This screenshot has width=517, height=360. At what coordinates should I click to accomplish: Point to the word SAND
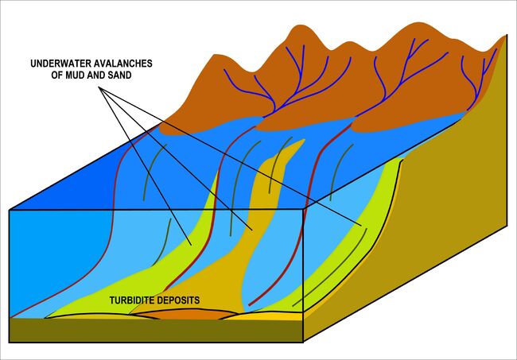pyautogui.click(x=120, y=75)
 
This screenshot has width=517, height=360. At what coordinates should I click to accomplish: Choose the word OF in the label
pyautogui.click(x=57, y=75)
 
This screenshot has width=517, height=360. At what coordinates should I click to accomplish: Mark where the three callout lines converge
pyautogui.click(x=99, y=87)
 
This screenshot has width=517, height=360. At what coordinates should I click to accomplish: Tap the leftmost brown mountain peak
pyautogui.click(x=215, y=56)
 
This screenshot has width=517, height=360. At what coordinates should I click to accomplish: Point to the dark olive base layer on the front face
pyautogui.click(x=156, y=331)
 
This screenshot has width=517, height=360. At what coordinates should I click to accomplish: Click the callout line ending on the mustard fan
pyautogui.click(x=176, y=159)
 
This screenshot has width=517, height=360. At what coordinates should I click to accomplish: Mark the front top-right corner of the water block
pyautogui.click(x=303, y=210)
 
